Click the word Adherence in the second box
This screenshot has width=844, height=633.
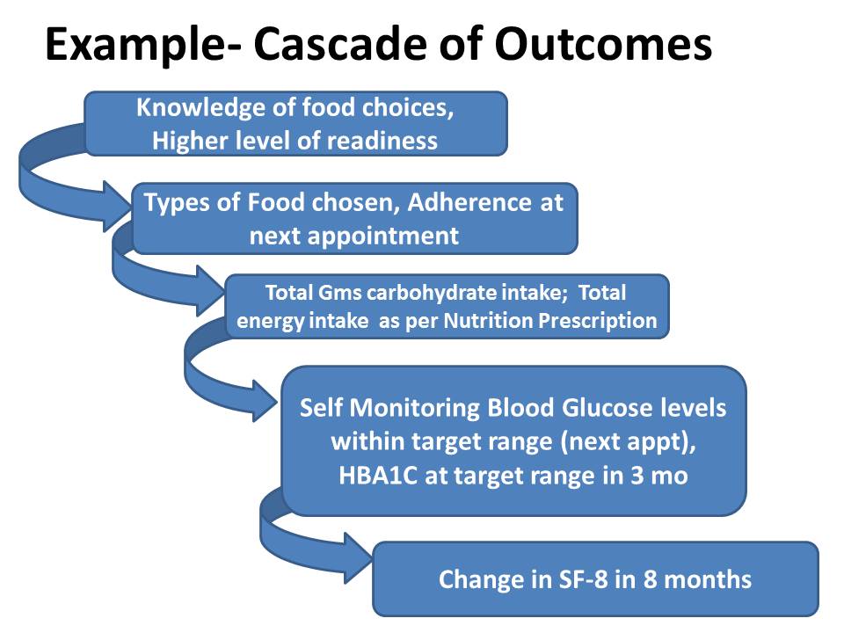457,202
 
